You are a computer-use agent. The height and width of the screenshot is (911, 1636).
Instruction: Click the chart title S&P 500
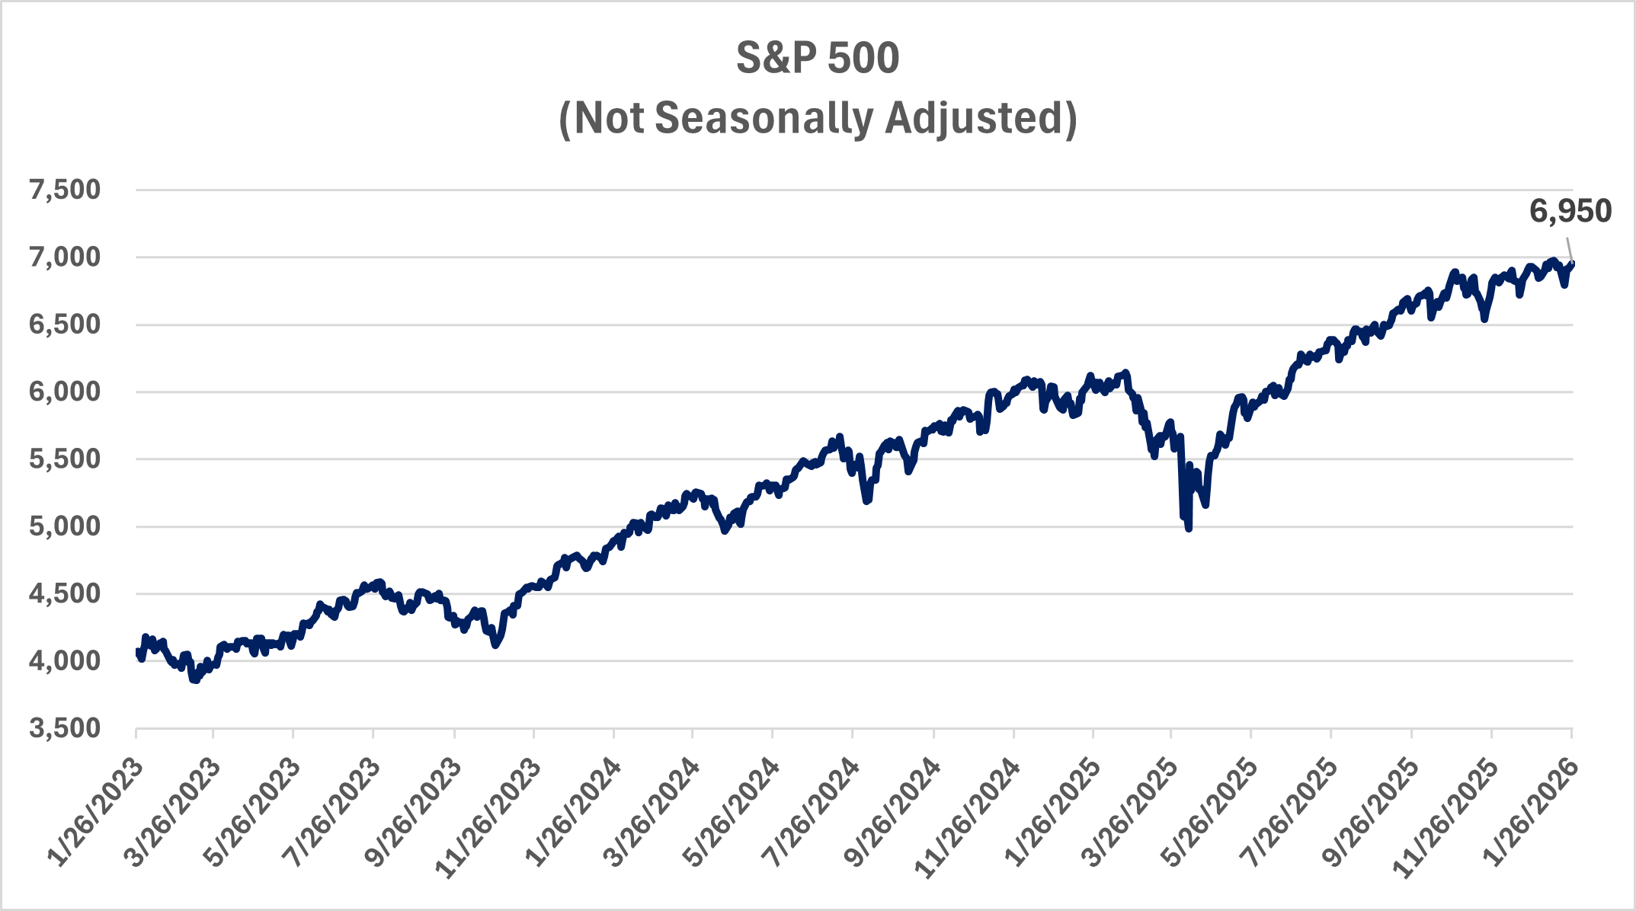818,59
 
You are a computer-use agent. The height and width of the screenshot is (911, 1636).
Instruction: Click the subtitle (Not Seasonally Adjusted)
818,119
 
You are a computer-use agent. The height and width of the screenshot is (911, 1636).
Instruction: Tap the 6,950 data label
1570,212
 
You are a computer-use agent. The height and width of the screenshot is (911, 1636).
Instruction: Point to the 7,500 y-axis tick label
65,190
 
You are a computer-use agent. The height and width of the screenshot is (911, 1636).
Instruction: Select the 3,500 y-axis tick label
65,728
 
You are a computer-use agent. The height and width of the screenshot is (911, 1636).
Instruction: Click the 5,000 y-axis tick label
65,526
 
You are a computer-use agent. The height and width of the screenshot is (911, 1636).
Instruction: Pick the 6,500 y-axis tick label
65,324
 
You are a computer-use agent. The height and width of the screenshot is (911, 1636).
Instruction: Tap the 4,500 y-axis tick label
65,593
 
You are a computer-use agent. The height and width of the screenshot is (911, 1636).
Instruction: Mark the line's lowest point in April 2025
1189,529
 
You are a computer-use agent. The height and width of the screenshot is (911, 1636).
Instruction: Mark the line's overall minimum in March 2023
195,680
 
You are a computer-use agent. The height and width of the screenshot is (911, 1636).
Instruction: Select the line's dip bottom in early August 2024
866,500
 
